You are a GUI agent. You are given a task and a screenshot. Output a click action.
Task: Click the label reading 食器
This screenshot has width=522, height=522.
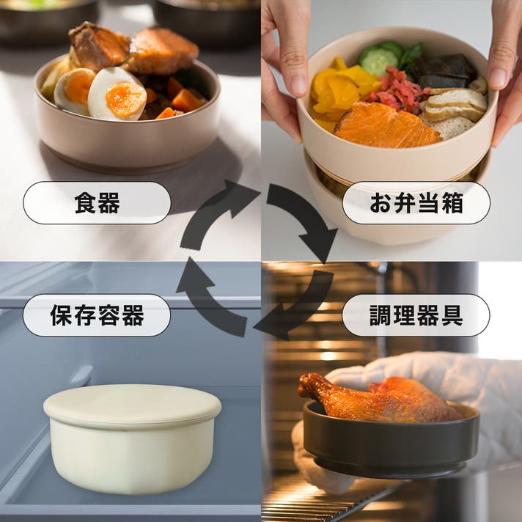click(97, 203)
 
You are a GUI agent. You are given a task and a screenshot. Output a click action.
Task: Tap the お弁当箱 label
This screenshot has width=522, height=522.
click(416, 203)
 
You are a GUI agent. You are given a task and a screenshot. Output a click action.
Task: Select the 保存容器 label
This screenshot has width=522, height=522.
click(97, 315)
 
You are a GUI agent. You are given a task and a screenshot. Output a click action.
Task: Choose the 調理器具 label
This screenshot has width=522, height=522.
click(416, 315)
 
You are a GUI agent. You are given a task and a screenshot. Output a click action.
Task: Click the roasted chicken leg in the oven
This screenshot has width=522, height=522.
click(380, 398)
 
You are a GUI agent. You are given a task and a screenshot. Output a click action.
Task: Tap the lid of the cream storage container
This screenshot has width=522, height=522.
click(132, 405)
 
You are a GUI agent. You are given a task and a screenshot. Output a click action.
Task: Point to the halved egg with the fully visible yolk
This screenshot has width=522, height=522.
click(117, 95)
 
